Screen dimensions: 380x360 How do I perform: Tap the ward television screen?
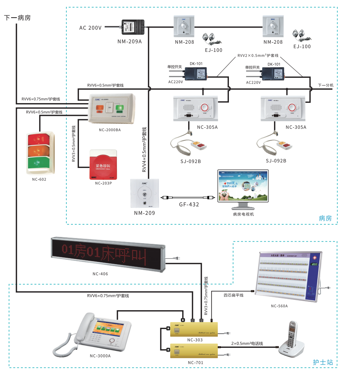click(x=243, y=186)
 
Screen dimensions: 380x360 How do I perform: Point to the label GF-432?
click(x=189, y=205)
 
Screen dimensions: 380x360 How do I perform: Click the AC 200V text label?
click(x=90, y=28)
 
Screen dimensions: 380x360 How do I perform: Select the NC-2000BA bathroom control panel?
click(x=110, y=109)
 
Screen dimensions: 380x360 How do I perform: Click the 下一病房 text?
click(x=17, y=18)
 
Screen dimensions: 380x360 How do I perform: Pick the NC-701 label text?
click(x=196, y=362)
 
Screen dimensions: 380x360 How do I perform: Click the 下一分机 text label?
click(x=325, y=85)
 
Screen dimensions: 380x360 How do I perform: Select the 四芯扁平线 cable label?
click(x=233, y=295)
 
